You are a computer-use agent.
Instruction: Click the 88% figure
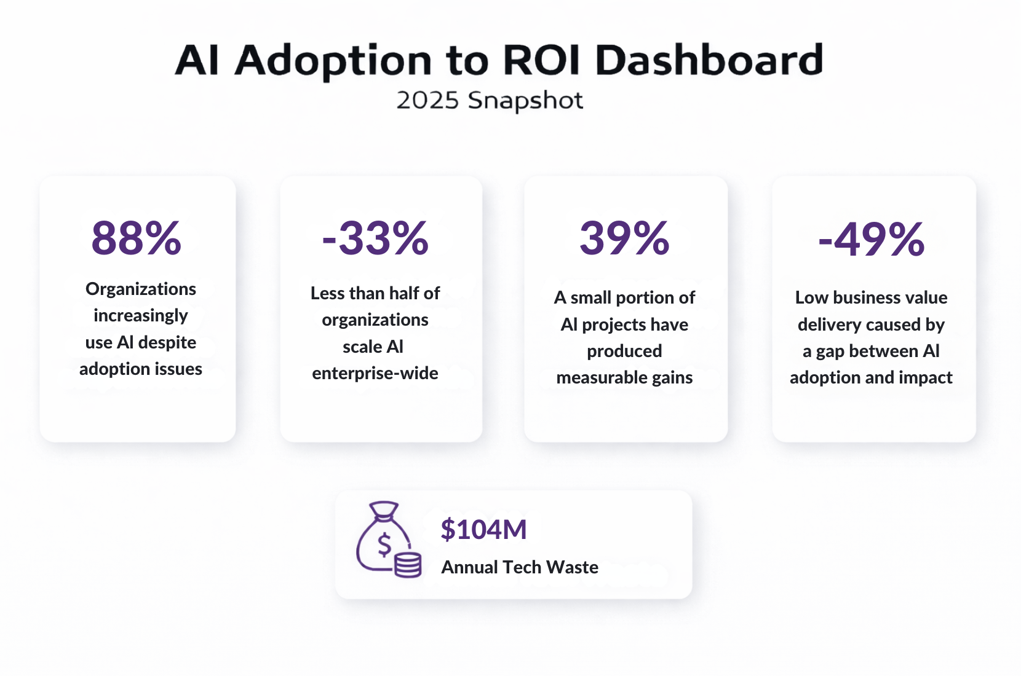[x=137, y=238]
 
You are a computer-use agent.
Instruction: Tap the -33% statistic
[x=375, y=238]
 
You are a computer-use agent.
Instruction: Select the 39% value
[x=624, y=238]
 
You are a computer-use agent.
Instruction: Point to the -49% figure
[x=871, y=240]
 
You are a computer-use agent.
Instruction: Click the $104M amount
[x=483, y=530]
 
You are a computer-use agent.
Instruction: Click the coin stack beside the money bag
[x=408, y=565]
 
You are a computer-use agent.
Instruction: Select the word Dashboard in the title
[x=709, y=60]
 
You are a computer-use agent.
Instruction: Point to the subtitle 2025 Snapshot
[x=490, y=101]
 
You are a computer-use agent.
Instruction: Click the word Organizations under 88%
[x=141, y=289]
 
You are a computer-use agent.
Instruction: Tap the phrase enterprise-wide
[x=375, y=373]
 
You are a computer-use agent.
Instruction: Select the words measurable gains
[x=624, y=377]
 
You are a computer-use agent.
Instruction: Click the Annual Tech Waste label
[x=520, y=567]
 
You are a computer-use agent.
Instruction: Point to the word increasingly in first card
[x=141, y=316]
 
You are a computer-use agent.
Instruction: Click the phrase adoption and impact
[x=871, y=377]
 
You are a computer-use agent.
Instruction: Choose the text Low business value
[x=871, y=297]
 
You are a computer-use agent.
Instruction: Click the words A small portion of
[x=624, y=297]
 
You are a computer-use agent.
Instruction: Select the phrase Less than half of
[x=375, y=293]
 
